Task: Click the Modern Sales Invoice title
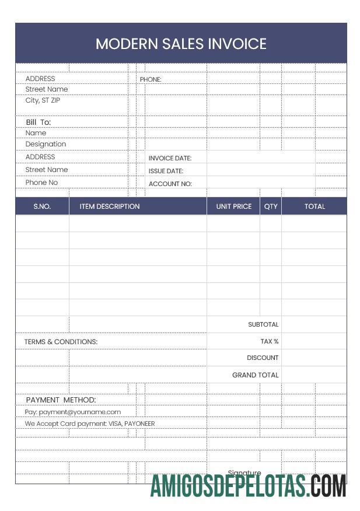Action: click(181, 44)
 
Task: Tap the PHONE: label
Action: click(151, 79)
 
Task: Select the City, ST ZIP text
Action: click(43, 100)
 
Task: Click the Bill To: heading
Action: click(39, 122)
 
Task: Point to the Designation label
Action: click(46, 144)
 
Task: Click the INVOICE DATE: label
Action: click(170, 158)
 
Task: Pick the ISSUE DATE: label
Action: click(166, 171)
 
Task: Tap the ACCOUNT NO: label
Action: click(170, 184)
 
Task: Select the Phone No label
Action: click(41, 183)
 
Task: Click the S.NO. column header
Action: click(42, 206)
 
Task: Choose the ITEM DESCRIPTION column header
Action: click(110, 206)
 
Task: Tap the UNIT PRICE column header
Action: click(233, 206)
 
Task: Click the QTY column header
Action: click(271, 206)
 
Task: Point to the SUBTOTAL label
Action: click(263, 324)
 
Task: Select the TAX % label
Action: click(269, 341)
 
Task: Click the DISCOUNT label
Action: click(263, 358)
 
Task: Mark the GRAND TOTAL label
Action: click(256, 375)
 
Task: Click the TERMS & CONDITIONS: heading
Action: click(61, 342)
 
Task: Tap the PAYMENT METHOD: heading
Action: click(61, 400)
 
